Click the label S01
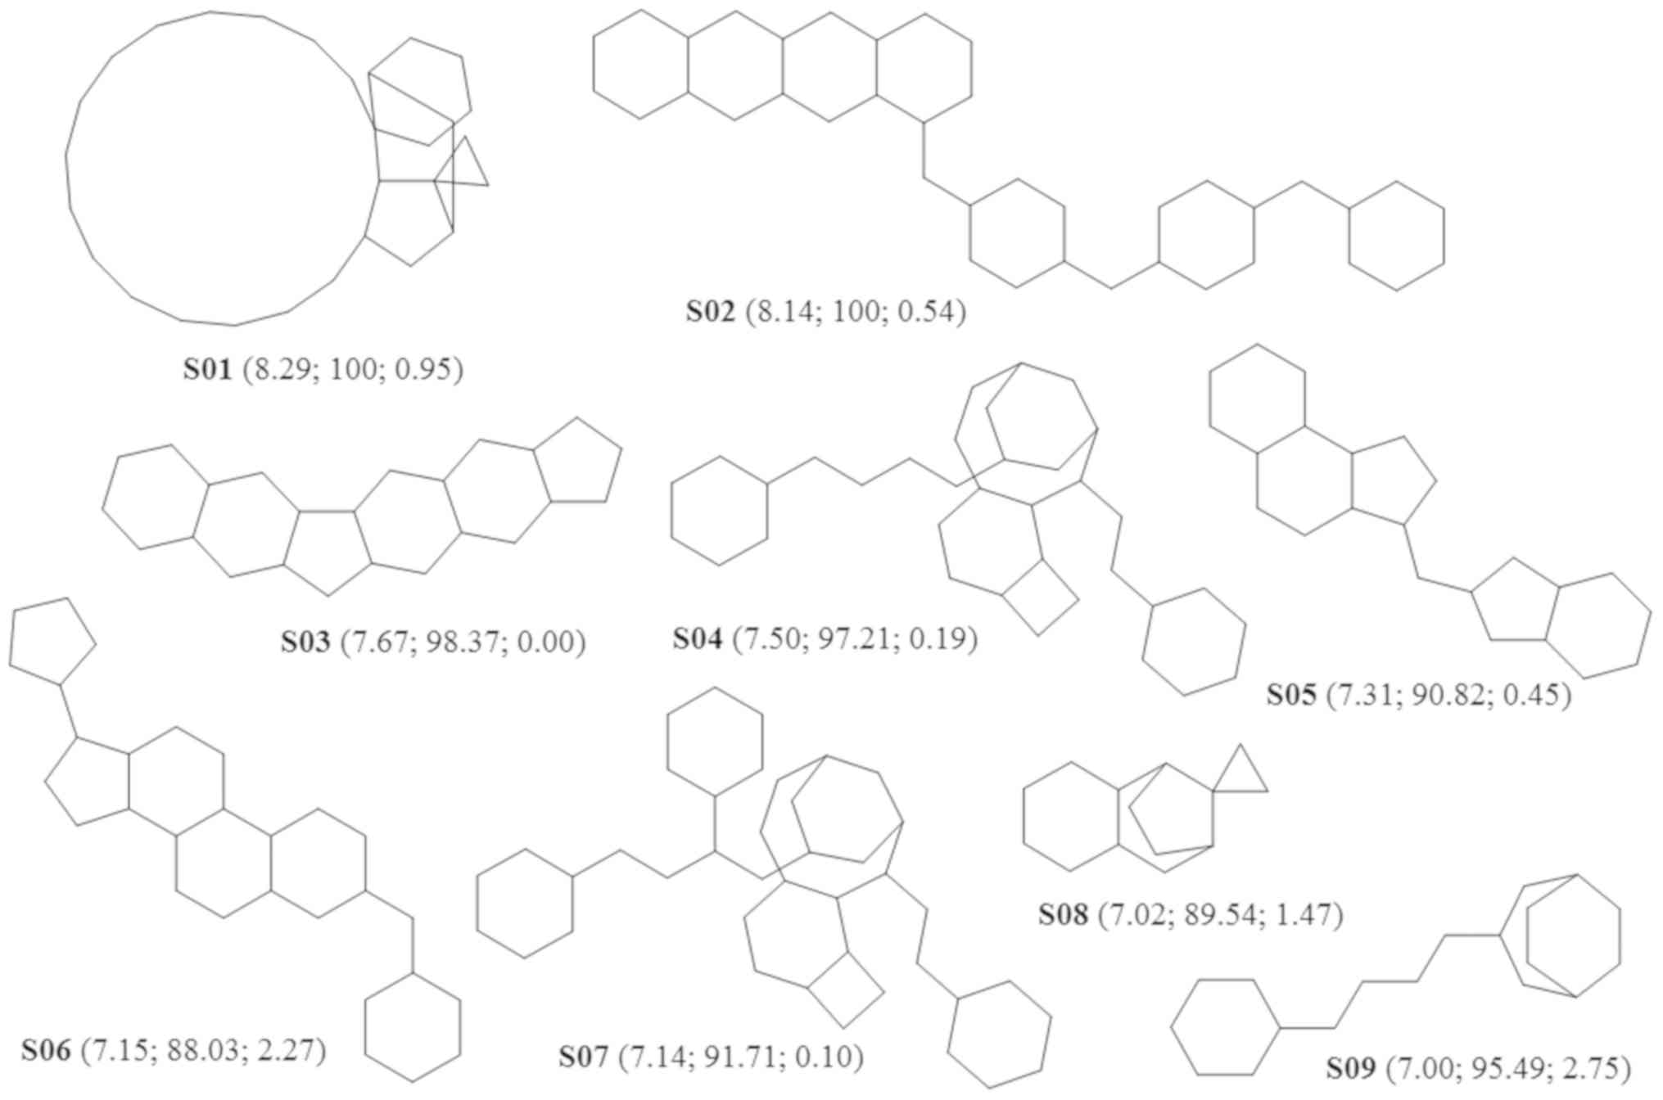click(x=207, y=370)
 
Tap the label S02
click(x=711, y=312)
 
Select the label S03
click(x=305, y=642)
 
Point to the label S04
click(x=698, y=638)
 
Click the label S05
click(x=1291, y=695)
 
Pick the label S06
click(x=46, y=1050)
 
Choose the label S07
click(x=584, y=1057)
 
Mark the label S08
click(x=1063, y=914)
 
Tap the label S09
click(x=1351, y=1068)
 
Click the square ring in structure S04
click(x=1040, y=598)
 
